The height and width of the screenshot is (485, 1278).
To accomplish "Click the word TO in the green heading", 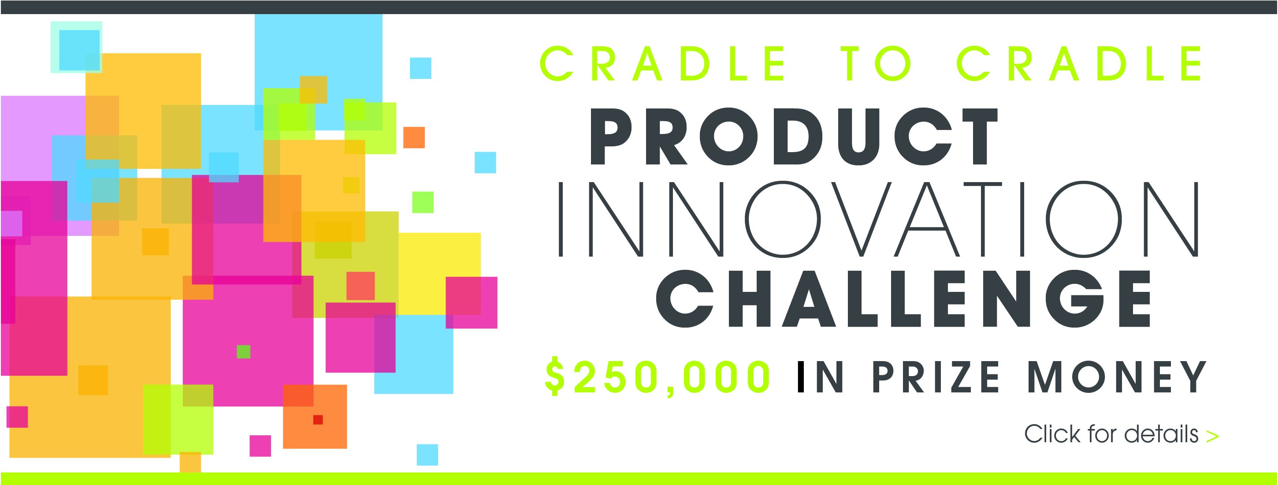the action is click(876, 63).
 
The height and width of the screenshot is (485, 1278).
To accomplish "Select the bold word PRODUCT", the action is click(794, 137).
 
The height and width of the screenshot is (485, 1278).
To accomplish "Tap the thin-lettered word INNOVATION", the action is click(879, 220).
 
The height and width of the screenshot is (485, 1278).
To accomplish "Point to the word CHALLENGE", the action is click(903, 299).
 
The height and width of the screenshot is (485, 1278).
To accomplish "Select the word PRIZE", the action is click(936, 377).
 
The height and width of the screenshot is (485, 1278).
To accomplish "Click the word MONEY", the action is click(1117, 377).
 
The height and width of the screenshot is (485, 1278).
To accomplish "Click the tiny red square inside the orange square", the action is click(318, 419).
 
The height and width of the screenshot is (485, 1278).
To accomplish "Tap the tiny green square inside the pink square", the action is click(243, 351).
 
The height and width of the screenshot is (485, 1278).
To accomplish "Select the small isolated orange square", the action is click(414, 138).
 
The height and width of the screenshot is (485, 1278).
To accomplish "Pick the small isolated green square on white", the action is click(423, 202).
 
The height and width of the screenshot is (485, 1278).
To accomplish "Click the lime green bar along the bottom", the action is click(639, 478).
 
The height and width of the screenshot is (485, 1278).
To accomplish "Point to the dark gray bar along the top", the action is click(639, 7).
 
